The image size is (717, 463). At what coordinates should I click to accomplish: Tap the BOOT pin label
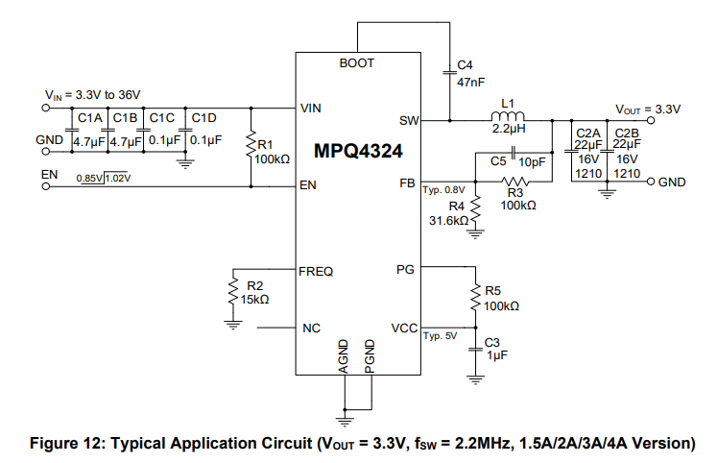click(357, 63)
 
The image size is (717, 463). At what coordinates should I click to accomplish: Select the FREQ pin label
click(317, 272)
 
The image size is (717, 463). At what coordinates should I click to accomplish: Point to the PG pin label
click(405, 268)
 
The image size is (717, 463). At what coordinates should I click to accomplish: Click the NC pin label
click(311, 328)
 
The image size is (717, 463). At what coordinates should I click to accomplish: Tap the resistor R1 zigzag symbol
click(251, 143)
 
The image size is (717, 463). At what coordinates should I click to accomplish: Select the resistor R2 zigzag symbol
click(232, 289)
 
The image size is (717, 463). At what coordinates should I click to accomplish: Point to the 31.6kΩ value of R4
click(448, 220)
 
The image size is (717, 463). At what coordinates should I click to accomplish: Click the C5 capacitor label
click(499, 162)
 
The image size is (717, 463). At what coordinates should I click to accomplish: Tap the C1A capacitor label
click(89, 118)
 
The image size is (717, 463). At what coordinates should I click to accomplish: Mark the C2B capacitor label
click(627, 132)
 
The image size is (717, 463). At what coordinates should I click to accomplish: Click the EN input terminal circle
click(44, 186)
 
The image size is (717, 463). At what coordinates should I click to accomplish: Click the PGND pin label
click(370, 355)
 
